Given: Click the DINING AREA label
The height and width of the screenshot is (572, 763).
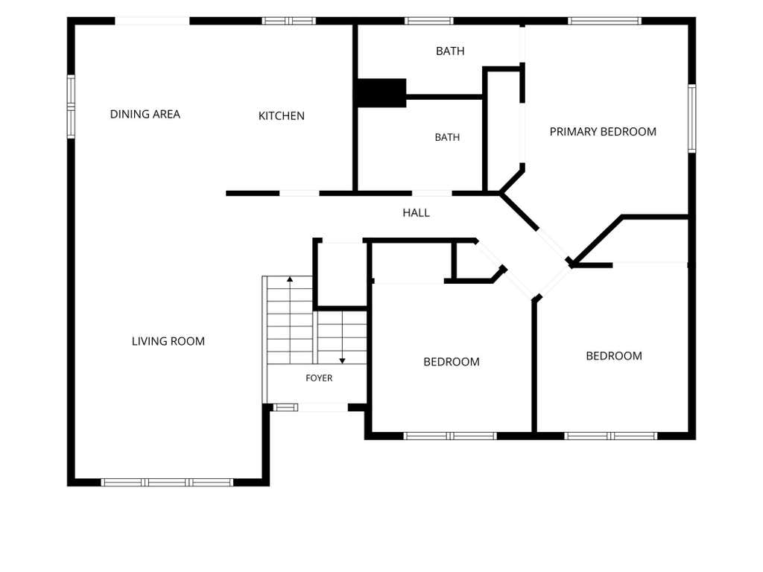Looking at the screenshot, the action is click(x=145, y=114).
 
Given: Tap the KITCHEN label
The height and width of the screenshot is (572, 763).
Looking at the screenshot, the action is click(x=281, y=115).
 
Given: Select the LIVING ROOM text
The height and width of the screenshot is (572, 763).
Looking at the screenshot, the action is click(x=168, y=341).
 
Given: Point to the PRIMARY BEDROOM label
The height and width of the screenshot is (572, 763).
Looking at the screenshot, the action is click(x=603, y=132).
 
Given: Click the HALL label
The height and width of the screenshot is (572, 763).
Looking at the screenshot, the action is click(x=416, y=212).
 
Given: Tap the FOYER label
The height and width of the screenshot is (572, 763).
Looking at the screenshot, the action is click(x=319, y=378).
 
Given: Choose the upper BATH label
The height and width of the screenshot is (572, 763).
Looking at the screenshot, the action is click(x=450, y=51).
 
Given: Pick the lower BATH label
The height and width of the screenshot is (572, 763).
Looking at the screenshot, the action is click(x=447, y=138).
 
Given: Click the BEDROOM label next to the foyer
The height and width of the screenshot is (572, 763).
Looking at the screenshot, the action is click(x=452, y=362).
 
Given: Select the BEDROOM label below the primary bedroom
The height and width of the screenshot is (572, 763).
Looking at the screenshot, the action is click(x=614, y=356).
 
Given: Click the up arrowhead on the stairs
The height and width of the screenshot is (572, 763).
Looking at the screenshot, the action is click(x=290, y=279).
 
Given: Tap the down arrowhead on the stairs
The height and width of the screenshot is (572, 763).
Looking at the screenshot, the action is click(x=343, y=361).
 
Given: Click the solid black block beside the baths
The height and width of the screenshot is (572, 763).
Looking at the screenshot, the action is click(x=381, y=93).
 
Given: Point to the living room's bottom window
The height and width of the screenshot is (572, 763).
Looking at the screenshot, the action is click(x=167, y=483).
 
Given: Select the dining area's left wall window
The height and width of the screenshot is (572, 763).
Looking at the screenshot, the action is click(x=71, y=107).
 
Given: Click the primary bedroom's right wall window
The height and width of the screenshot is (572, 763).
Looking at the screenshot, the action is click(x=692, y=118).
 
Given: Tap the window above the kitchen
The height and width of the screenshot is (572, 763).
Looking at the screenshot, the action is click(x=289, y=21).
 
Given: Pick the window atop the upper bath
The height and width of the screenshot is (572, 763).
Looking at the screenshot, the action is click(x=429, y=21).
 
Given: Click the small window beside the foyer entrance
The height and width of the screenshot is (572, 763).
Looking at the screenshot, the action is click(x=285, y=407).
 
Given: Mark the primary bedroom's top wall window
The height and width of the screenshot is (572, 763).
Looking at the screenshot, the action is click(x=605, y=21).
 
